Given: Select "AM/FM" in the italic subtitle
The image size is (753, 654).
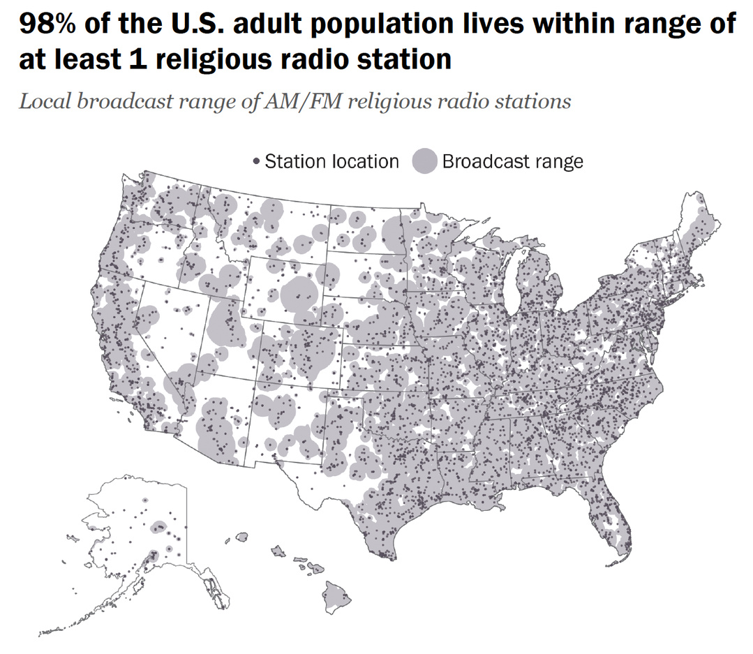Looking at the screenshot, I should (x=306, y=102).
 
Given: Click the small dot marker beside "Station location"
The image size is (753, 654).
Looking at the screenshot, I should (x=256, y=162).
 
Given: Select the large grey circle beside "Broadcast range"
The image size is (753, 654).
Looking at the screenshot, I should (x=425, y=162).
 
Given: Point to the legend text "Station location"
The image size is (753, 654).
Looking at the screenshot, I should (x=332, y=162).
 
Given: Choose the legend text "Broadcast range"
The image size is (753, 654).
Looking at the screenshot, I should (x=512, y=162).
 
